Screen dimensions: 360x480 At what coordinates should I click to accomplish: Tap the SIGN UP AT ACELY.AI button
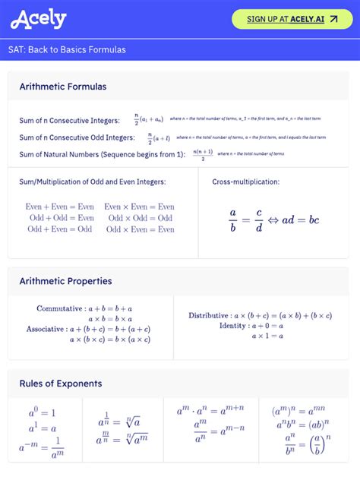coord(292,19)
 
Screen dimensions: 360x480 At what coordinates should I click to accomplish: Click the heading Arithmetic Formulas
coord(63,87)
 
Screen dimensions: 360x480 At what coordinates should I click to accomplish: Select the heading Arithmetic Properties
coord(65,281)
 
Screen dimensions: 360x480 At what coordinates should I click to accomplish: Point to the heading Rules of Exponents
coord(61,384)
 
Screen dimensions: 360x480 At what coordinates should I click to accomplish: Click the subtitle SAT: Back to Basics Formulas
coord(68,50)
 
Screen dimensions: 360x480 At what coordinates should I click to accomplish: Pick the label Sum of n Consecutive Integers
coord(70,121)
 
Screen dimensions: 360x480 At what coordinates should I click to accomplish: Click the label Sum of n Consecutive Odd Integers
coord(77,137)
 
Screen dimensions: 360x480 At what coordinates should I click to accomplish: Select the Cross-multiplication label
coord(245,182)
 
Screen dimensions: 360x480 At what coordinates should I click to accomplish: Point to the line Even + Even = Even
coord(60,207)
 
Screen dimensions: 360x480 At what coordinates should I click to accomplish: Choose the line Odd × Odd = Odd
coord(141,218)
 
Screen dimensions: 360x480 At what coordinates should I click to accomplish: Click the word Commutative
coord(59,309)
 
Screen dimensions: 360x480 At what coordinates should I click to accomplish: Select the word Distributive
coord(208,315)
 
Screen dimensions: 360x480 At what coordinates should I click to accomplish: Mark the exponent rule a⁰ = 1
coord(43,414)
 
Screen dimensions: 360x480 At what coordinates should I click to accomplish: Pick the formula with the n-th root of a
coord(122,422)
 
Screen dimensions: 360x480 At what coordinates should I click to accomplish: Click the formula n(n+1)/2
coord(203,154)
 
